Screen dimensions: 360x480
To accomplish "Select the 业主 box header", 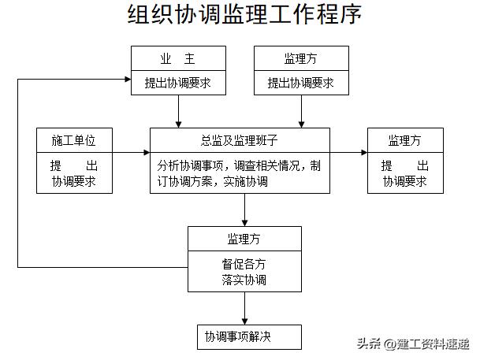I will (x=177, y=59).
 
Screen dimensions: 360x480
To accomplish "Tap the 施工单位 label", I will (x=74, y=140).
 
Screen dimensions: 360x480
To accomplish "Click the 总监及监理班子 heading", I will (x=244, y=140).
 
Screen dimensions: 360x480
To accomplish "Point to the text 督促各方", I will (x=244, y=264).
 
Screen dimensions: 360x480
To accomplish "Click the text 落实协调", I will (x=244, y=280).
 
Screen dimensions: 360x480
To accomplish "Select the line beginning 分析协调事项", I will (x=238, y=166).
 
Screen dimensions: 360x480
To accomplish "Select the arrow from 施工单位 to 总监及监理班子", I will (x=130, y=153).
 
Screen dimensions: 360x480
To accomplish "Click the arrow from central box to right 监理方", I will (x=353, y=153).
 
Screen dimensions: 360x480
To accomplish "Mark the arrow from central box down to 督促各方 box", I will (x=244, y=210).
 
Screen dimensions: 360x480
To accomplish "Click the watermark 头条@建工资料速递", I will (x=413, y=343).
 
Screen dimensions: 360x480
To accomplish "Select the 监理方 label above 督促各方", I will (x=244, y=239).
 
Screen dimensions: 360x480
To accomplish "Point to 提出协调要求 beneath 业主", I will (x=177, y=83).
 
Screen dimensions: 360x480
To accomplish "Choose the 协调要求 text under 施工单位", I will (x=74, y=181).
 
